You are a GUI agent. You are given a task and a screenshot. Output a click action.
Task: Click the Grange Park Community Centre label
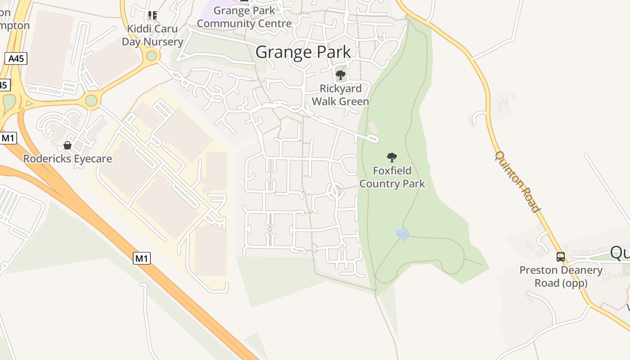244,17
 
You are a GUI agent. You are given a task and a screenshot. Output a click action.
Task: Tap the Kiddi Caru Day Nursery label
153,35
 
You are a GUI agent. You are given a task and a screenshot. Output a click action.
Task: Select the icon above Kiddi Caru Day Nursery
153,15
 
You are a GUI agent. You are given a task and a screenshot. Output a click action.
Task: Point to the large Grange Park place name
303,52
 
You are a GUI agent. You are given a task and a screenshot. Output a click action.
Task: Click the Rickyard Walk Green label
340,95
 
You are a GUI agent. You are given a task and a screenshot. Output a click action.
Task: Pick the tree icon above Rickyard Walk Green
341,75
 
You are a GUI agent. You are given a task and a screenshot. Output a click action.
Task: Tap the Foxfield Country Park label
392,177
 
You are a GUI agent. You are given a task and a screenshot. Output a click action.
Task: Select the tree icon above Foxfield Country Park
392,157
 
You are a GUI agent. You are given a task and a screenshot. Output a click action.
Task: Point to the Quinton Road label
517,181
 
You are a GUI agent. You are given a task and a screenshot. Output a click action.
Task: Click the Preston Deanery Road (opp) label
561,276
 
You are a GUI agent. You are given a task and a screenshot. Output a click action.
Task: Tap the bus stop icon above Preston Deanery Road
561,257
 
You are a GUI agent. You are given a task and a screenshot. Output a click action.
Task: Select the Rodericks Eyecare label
67,159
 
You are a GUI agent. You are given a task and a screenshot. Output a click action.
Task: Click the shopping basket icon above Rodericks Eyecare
67,145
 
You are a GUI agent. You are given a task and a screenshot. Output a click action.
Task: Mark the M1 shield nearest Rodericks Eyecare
8,138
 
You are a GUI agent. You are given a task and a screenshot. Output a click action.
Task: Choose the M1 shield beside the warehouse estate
142,258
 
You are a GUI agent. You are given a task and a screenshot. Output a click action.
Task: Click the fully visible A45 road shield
16,58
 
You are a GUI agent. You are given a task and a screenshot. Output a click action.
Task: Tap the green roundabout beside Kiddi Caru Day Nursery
152,56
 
